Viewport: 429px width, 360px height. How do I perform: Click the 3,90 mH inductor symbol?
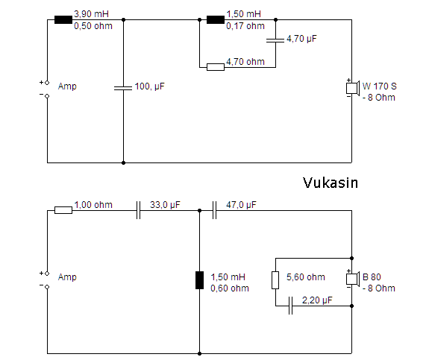[x=63, y=19]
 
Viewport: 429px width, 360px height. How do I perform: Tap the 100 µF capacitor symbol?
[x=123, y=88]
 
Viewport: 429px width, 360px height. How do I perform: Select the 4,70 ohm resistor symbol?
[x=216, y=67]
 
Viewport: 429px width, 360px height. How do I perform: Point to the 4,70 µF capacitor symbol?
[x=275, y=40]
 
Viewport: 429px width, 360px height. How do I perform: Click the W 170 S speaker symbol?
[x=352, y=88]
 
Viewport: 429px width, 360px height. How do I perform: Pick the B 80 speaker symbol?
[x=352, y=279]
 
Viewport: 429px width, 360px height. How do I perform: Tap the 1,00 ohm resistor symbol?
[x=63, y=210]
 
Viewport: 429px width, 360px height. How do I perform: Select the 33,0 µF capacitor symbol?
[x=138, y=210]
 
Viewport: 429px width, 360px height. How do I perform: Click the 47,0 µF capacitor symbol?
[x=214, y=210]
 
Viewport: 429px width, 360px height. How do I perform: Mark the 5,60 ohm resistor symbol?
[x=275, y=280]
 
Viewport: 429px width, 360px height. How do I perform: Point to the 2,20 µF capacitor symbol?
[x=290, y=306]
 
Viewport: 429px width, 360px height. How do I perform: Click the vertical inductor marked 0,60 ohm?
[x=199, y=280]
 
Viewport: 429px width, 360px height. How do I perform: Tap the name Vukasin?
[x=331, y=183]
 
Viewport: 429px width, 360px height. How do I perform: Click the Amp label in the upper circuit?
[x=67, y=86]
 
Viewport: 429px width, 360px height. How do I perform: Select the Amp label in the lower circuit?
[x=67, y=277]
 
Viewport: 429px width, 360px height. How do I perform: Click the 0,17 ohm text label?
[x=245, y=26]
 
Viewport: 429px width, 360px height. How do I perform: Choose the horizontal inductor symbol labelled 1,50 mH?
[x=216, y=19]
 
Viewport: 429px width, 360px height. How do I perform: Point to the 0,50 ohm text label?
[x=93, y=26]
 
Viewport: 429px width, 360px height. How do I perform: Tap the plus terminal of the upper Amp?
[x=47, y=82]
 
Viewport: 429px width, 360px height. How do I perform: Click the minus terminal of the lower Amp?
[x=47, y=287]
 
